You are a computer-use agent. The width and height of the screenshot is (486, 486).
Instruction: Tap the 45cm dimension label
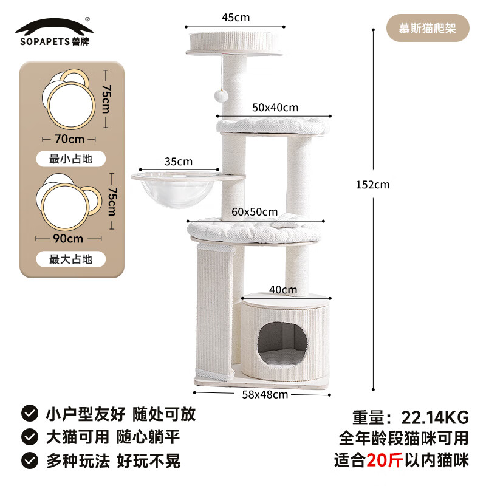click(235, 17)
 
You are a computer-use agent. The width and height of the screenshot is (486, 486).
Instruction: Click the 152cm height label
click(372, 185)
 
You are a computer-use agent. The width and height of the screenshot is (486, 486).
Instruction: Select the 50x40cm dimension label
click(275, 108)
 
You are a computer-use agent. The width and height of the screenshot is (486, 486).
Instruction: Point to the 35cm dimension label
click(178, 162)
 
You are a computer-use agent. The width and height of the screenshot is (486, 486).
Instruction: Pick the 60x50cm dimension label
click(255, 212)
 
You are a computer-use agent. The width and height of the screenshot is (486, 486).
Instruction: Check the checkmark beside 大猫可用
click(29, 437)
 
